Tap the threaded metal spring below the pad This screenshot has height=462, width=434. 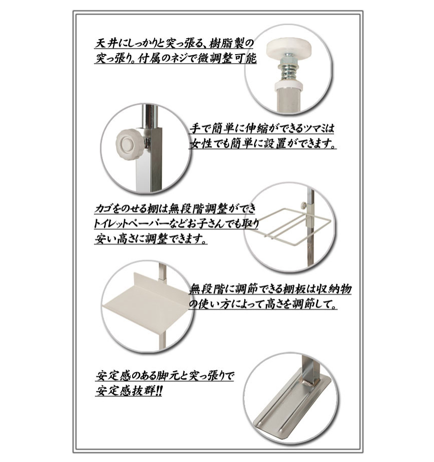pyautogui.click(x=288, y=68)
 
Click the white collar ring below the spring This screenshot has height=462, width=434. pyautogui.click(x=289, y=86)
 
